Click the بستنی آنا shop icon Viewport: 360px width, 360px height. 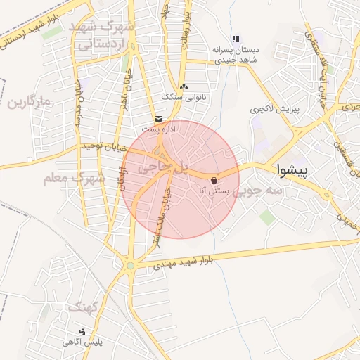[214, 179]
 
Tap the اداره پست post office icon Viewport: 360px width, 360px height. [158, 119]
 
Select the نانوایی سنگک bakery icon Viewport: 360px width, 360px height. [184, 86]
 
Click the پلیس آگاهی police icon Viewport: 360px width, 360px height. [83, 331]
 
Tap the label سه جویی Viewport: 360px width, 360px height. [258, 190]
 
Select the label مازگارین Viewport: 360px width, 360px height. [30, 103]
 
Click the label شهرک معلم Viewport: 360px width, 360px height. [74, 179]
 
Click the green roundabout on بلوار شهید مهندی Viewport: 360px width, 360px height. [130, 265]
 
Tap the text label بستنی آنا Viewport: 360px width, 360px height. [215, 190]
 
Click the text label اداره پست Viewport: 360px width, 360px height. [155, 129]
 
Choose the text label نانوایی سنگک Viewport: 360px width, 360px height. [184, 96]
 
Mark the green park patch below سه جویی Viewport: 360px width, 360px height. [268, 217]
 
